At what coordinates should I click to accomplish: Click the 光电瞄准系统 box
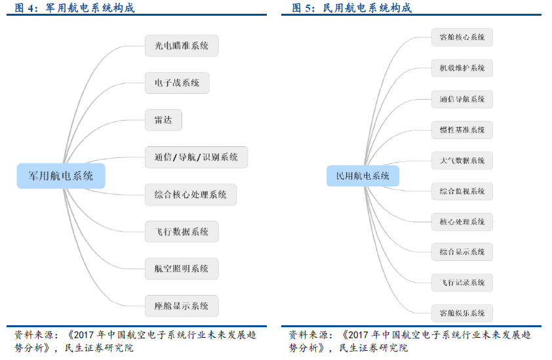181,46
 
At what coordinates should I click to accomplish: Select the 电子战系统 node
176,83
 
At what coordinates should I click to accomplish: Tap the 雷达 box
163,120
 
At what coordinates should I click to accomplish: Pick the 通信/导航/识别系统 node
196,157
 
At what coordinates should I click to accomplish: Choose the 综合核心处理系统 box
190,195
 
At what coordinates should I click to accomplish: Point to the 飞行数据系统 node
181,231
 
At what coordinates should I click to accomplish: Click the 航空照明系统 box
181,268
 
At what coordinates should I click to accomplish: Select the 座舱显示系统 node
181,306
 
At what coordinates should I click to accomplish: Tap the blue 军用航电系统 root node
60,176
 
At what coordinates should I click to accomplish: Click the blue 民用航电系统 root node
363,176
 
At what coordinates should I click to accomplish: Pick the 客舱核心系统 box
462,37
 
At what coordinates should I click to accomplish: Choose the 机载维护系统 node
462,68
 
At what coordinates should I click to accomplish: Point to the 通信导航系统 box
462,99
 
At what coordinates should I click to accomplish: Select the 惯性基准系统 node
462,130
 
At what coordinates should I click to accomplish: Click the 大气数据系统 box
462,161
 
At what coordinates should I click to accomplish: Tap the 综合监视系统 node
462,191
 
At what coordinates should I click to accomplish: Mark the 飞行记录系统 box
462,283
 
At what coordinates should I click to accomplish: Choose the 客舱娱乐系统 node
462,313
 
